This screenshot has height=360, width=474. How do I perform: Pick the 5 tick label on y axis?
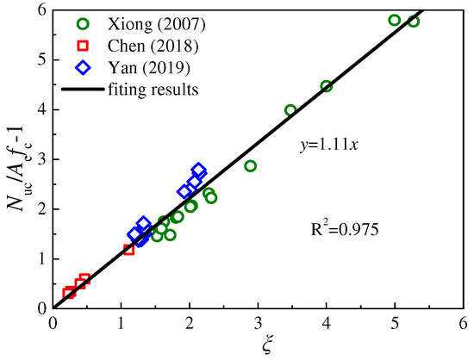click(x=40, y=60)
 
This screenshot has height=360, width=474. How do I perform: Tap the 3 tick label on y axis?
click(x=40, y=159)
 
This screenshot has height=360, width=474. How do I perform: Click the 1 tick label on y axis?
click(x=40, y=258)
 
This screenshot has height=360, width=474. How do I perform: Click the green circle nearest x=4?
click(x=327, y=86)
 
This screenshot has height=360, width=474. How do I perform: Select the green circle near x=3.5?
click(x=290, y=110)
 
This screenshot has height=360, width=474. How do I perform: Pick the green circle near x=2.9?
click(x=251, y=165)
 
